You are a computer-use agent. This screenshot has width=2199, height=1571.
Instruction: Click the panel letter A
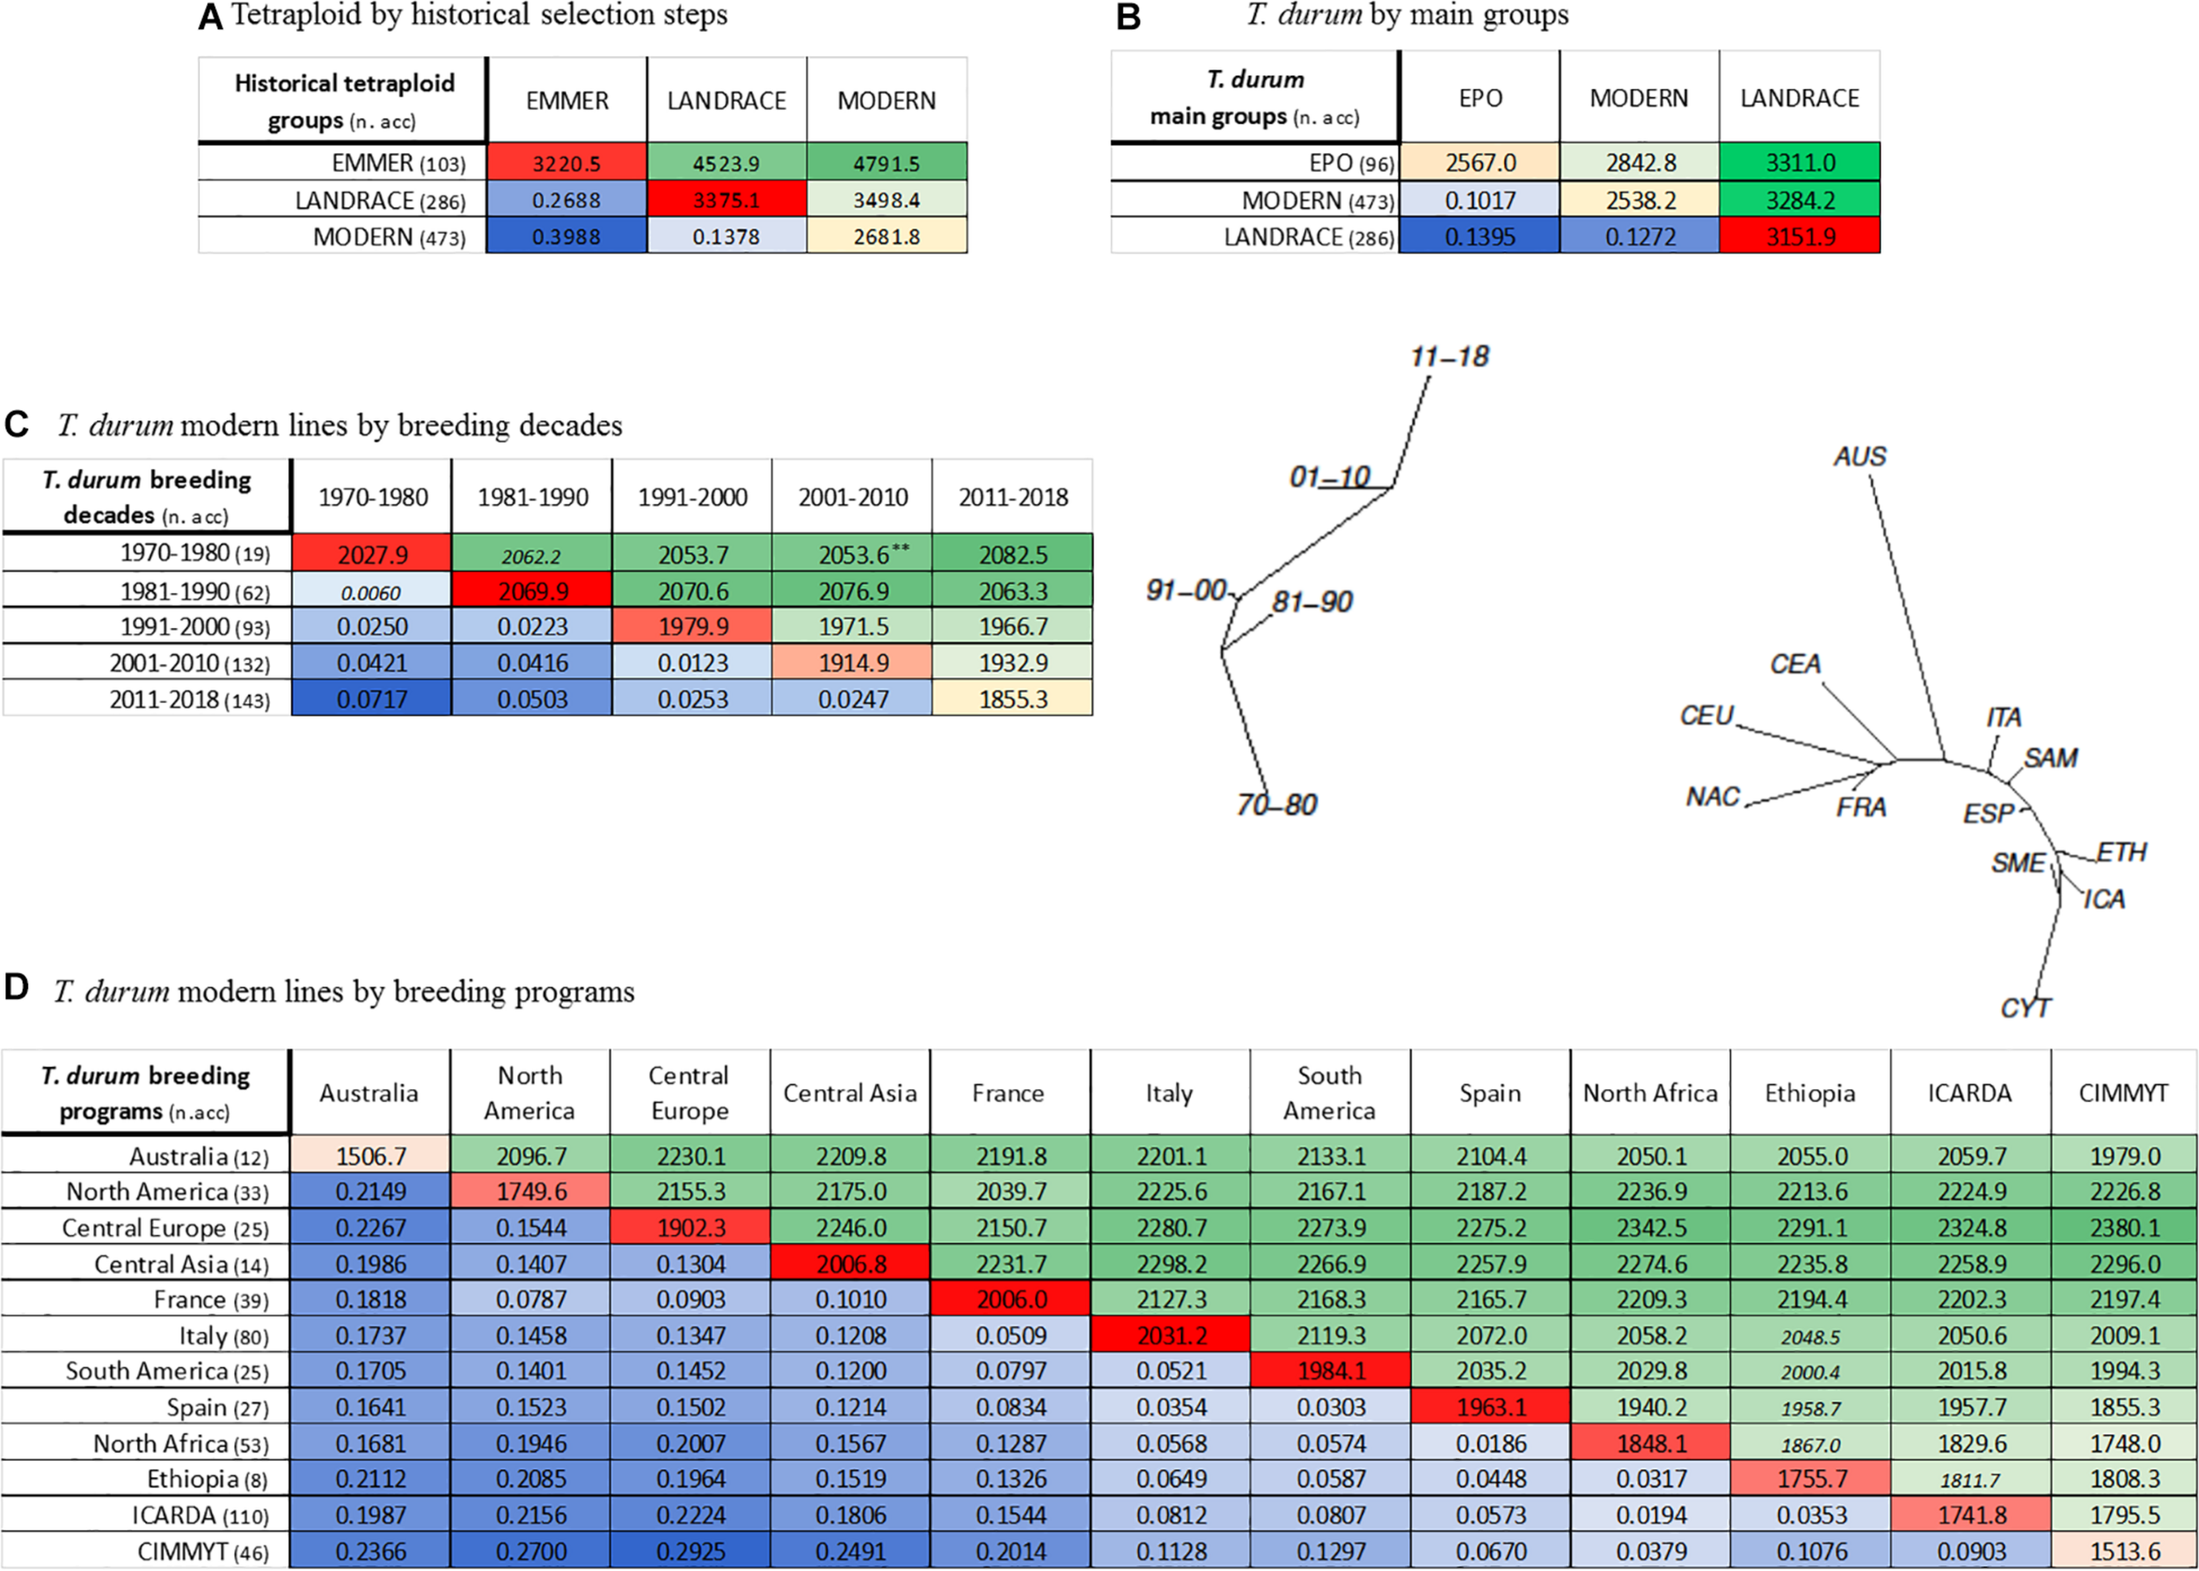click(210, 18)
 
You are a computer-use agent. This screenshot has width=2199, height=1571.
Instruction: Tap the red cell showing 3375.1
click(726, 201)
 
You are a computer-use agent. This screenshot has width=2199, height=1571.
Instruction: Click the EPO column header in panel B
click(1479, 98)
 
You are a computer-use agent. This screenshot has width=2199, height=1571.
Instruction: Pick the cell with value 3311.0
click(1800, 163)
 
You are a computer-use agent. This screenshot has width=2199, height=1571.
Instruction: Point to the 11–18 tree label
click(1450, 357)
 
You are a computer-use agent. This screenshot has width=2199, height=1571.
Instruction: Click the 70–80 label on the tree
click(1277, 805)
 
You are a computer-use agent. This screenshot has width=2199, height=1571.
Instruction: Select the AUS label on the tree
click(1859, 457)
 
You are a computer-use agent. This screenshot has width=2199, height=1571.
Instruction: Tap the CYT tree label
click(2025, 1008)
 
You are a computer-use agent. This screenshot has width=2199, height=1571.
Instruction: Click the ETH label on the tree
click(2121, 852)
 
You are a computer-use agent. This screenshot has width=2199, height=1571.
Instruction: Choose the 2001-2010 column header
click(852, 497)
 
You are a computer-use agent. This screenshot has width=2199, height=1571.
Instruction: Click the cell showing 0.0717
click(371, 699)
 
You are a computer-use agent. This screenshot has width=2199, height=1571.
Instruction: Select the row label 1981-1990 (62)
click(194, 591)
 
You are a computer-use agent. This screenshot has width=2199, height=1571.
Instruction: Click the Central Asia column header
click(850, 1093)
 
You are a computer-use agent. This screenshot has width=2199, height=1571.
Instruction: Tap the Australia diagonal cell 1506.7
click(370, 1156)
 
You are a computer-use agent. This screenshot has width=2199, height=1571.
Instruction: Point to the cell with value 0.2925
click(690, 1552)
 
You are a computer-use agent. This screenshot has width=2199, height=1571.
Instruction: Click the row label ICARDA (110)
click(200, 1516)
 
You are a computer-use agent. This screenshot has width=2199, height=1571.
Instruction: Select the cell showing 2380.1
click(2123, 1228)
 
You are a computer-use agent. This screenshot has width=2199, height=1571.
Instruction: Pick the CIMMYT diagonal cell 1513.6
click(2123, 1552)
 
